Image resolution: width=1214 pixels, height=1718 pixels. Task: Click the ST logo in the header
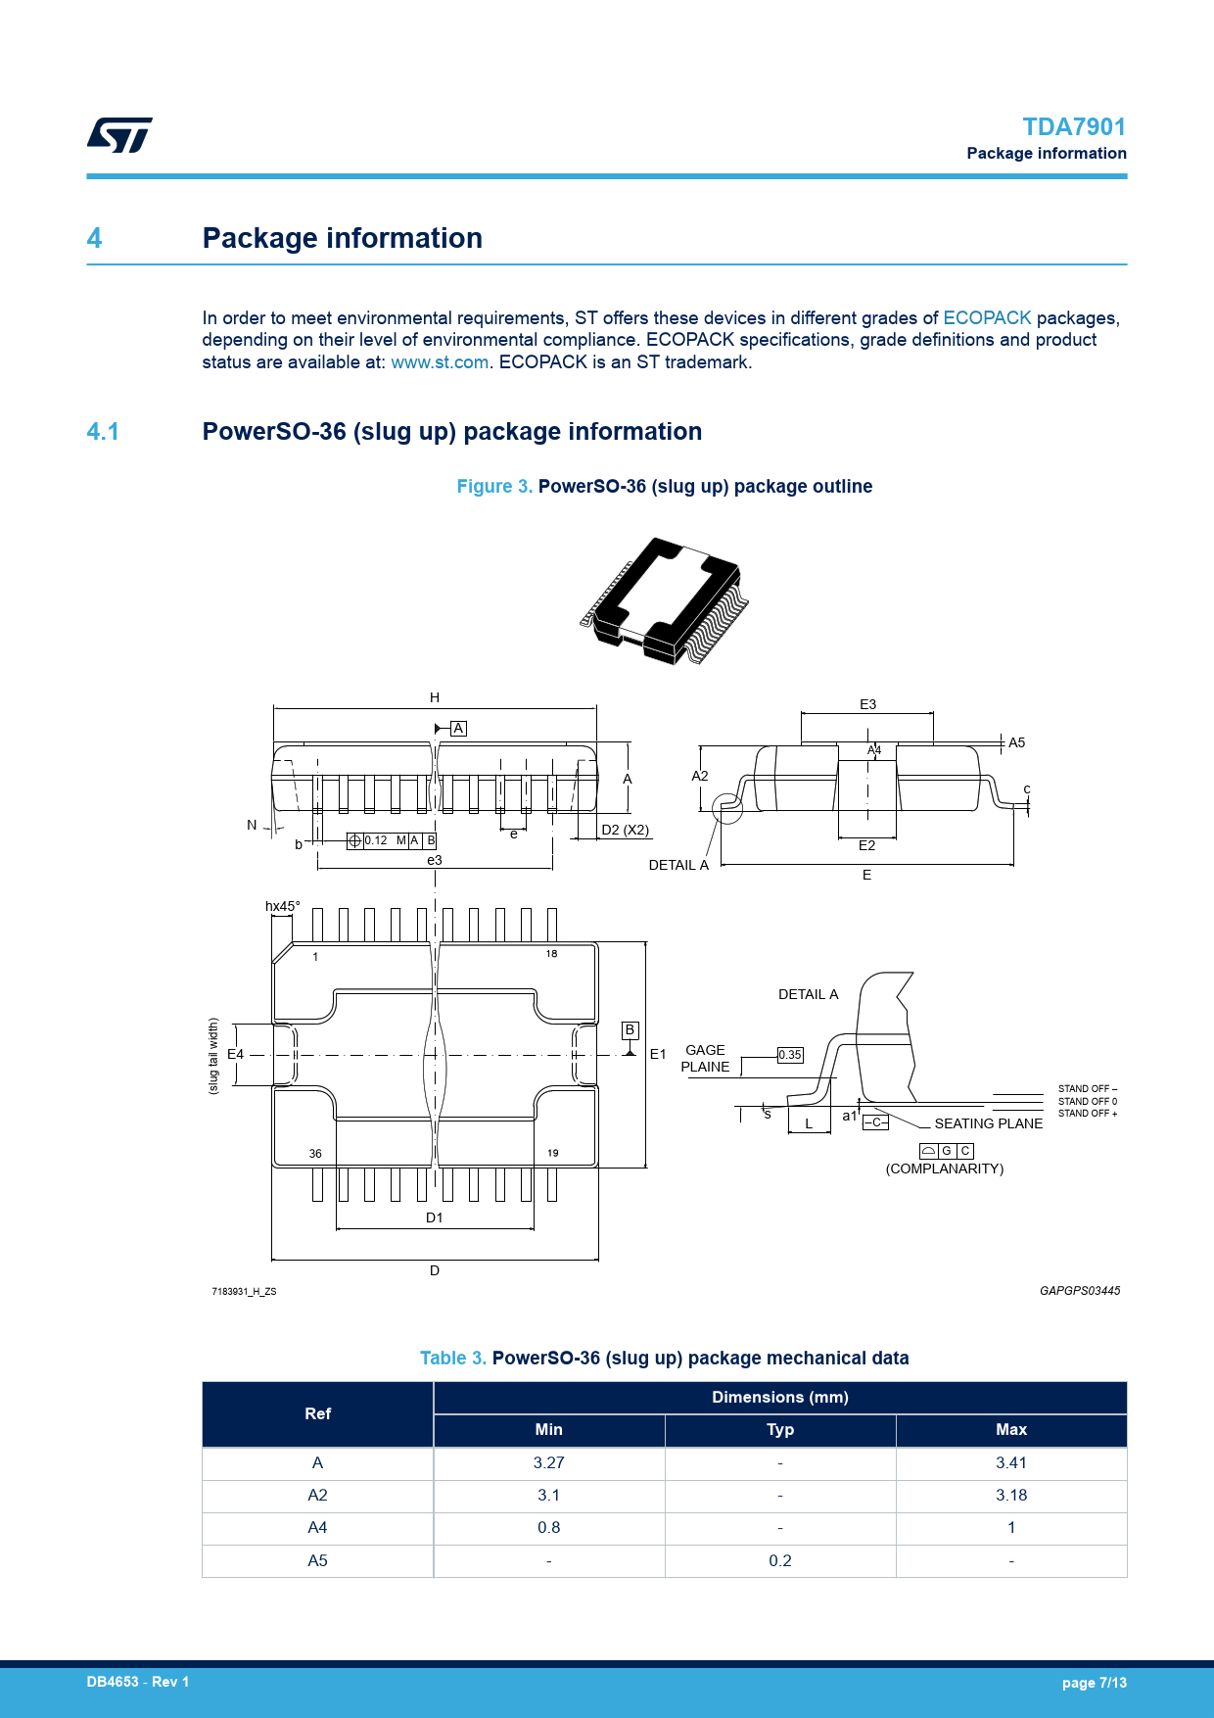click(x=119, y=135)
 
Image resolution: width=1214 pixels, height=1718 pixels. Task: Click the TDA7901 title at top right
click(x=1073, y=127)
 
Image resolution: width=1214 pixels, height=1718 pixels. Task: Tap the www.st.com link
click(x=440, y=362)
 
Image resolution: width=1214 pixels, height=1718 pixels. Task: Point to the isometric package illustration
click(x=665, y=599)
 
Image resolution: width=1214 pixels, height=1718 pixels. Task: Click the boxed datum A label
click(x=458, y=729)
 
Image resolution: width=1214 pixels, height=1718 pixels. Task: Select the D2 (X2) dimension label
click(x=625, y=830)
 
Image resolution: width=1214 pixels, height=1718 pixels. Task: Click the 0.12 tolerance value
click(x=376, y=840)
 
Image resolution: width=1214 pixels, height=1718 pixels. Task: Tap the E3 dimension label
click(x=867, y=704)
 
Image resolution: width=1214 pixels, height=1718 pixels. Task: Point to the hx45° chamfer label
click(x=283, y=906)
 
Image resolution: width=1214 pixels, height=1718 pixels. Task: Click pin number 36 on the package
click(x=315, y=1154)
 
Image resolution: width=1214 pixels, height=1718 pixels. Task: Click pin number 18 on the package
click(x=551, y=954)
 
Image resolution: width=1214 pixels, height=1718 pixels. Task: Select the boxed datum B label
click(x=630, y=1029)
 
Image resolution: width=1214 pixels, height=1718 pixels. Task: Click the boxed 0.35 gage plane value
click(x=790, y=1055)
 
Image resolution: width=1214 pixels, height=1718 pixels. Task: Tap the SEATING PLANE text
click(x=988, y=1123)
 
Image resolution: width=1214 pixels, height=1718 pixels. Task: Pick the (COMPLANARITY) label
click(x=945, y=1169)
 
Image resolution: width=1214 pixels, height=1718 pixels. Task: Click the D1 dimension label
click(x=435, y=1217)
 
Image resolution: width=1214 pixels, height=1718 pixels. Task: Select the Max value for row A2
click(x=1011, y=1496)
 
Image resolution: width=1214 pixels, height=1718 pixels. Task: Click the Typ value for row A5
click(x=780, y=1561)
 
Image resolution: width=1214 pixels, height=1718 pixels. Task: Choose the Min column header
click(x=549, y=1430)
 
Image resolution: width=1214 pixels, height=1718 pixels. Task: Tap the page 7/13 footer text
click(x=1094, y=1683)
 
